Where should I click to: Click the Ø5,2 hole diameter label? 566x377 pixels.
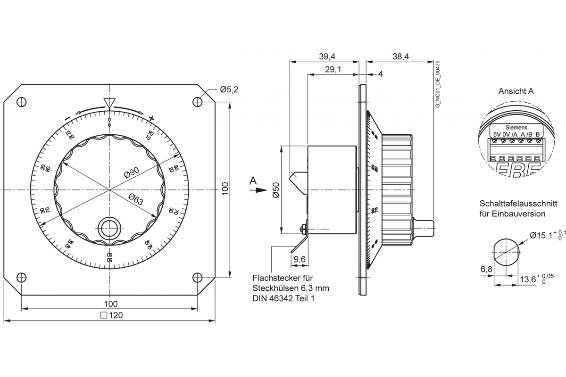[229, 90]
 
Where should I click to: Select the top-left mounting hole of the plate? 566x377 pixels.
[22, 102]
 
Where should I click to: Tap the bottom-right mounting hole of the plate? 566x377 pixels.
[197, 277]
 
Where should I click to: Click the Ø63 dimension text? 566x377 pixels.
[135, 201]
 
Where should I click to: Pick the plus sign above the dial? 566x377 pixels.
[151, 118]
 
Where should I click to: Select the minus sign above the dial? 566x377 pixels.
[68, 118]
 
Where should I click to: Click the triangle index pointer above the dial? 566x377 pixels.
[109, 103]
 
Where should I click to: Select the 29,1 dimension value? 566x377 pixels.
[333, 70]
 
